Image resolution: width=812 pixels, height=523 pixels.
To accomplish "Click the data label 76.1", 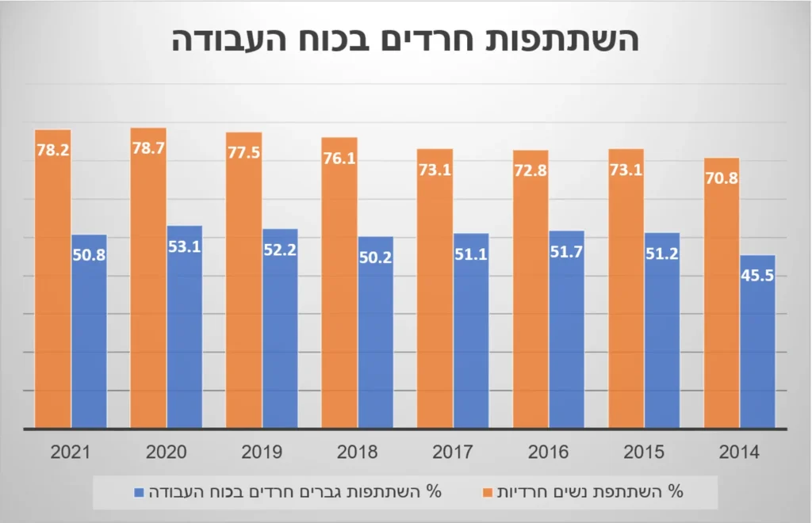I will [x=339, y=157].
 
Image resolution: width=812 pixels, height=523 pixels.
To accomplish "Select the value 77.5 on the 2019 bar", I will [x=243, y=152].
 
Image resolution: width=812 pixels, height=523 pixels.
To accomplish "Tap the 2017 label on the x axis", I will [x=454, y=452].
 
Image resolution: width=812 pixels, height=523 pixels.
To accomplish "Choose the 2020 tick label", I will [x=167, y=452].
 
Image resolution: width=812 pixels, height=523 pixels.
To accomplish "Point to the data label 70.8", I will [x=722, y=178].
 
